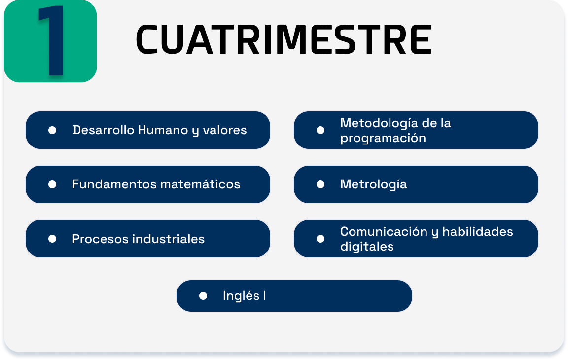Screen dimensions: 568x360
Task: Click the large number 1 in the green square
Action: coord(52,40)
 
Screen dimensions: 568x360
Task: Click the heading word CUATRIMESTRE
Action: coord(284,39)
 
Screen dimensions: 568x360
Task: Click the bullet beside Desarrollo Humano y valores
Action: coord(52,130)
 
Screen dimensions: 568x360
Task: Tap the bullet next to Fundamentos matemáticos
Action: coord(52,184)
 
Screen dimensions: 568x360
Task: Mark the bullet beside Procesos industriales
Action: coord(52,239)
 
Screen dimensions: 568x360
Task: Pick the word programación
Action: coord(383,139)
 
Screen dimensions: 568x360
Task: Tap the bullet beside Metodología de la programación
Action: coord(320,130)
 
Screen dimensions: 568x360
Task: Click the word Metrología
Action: coord(373,185)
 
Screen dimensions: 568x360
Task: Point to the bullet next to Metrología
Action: coord(320,184)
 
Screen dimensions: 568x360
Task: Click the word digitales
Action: coord(367,247)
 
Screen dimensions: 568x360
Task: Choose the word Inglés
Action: coord(241,296)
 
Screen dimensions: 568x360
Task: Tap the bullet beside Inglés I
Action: coord(203,296)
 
